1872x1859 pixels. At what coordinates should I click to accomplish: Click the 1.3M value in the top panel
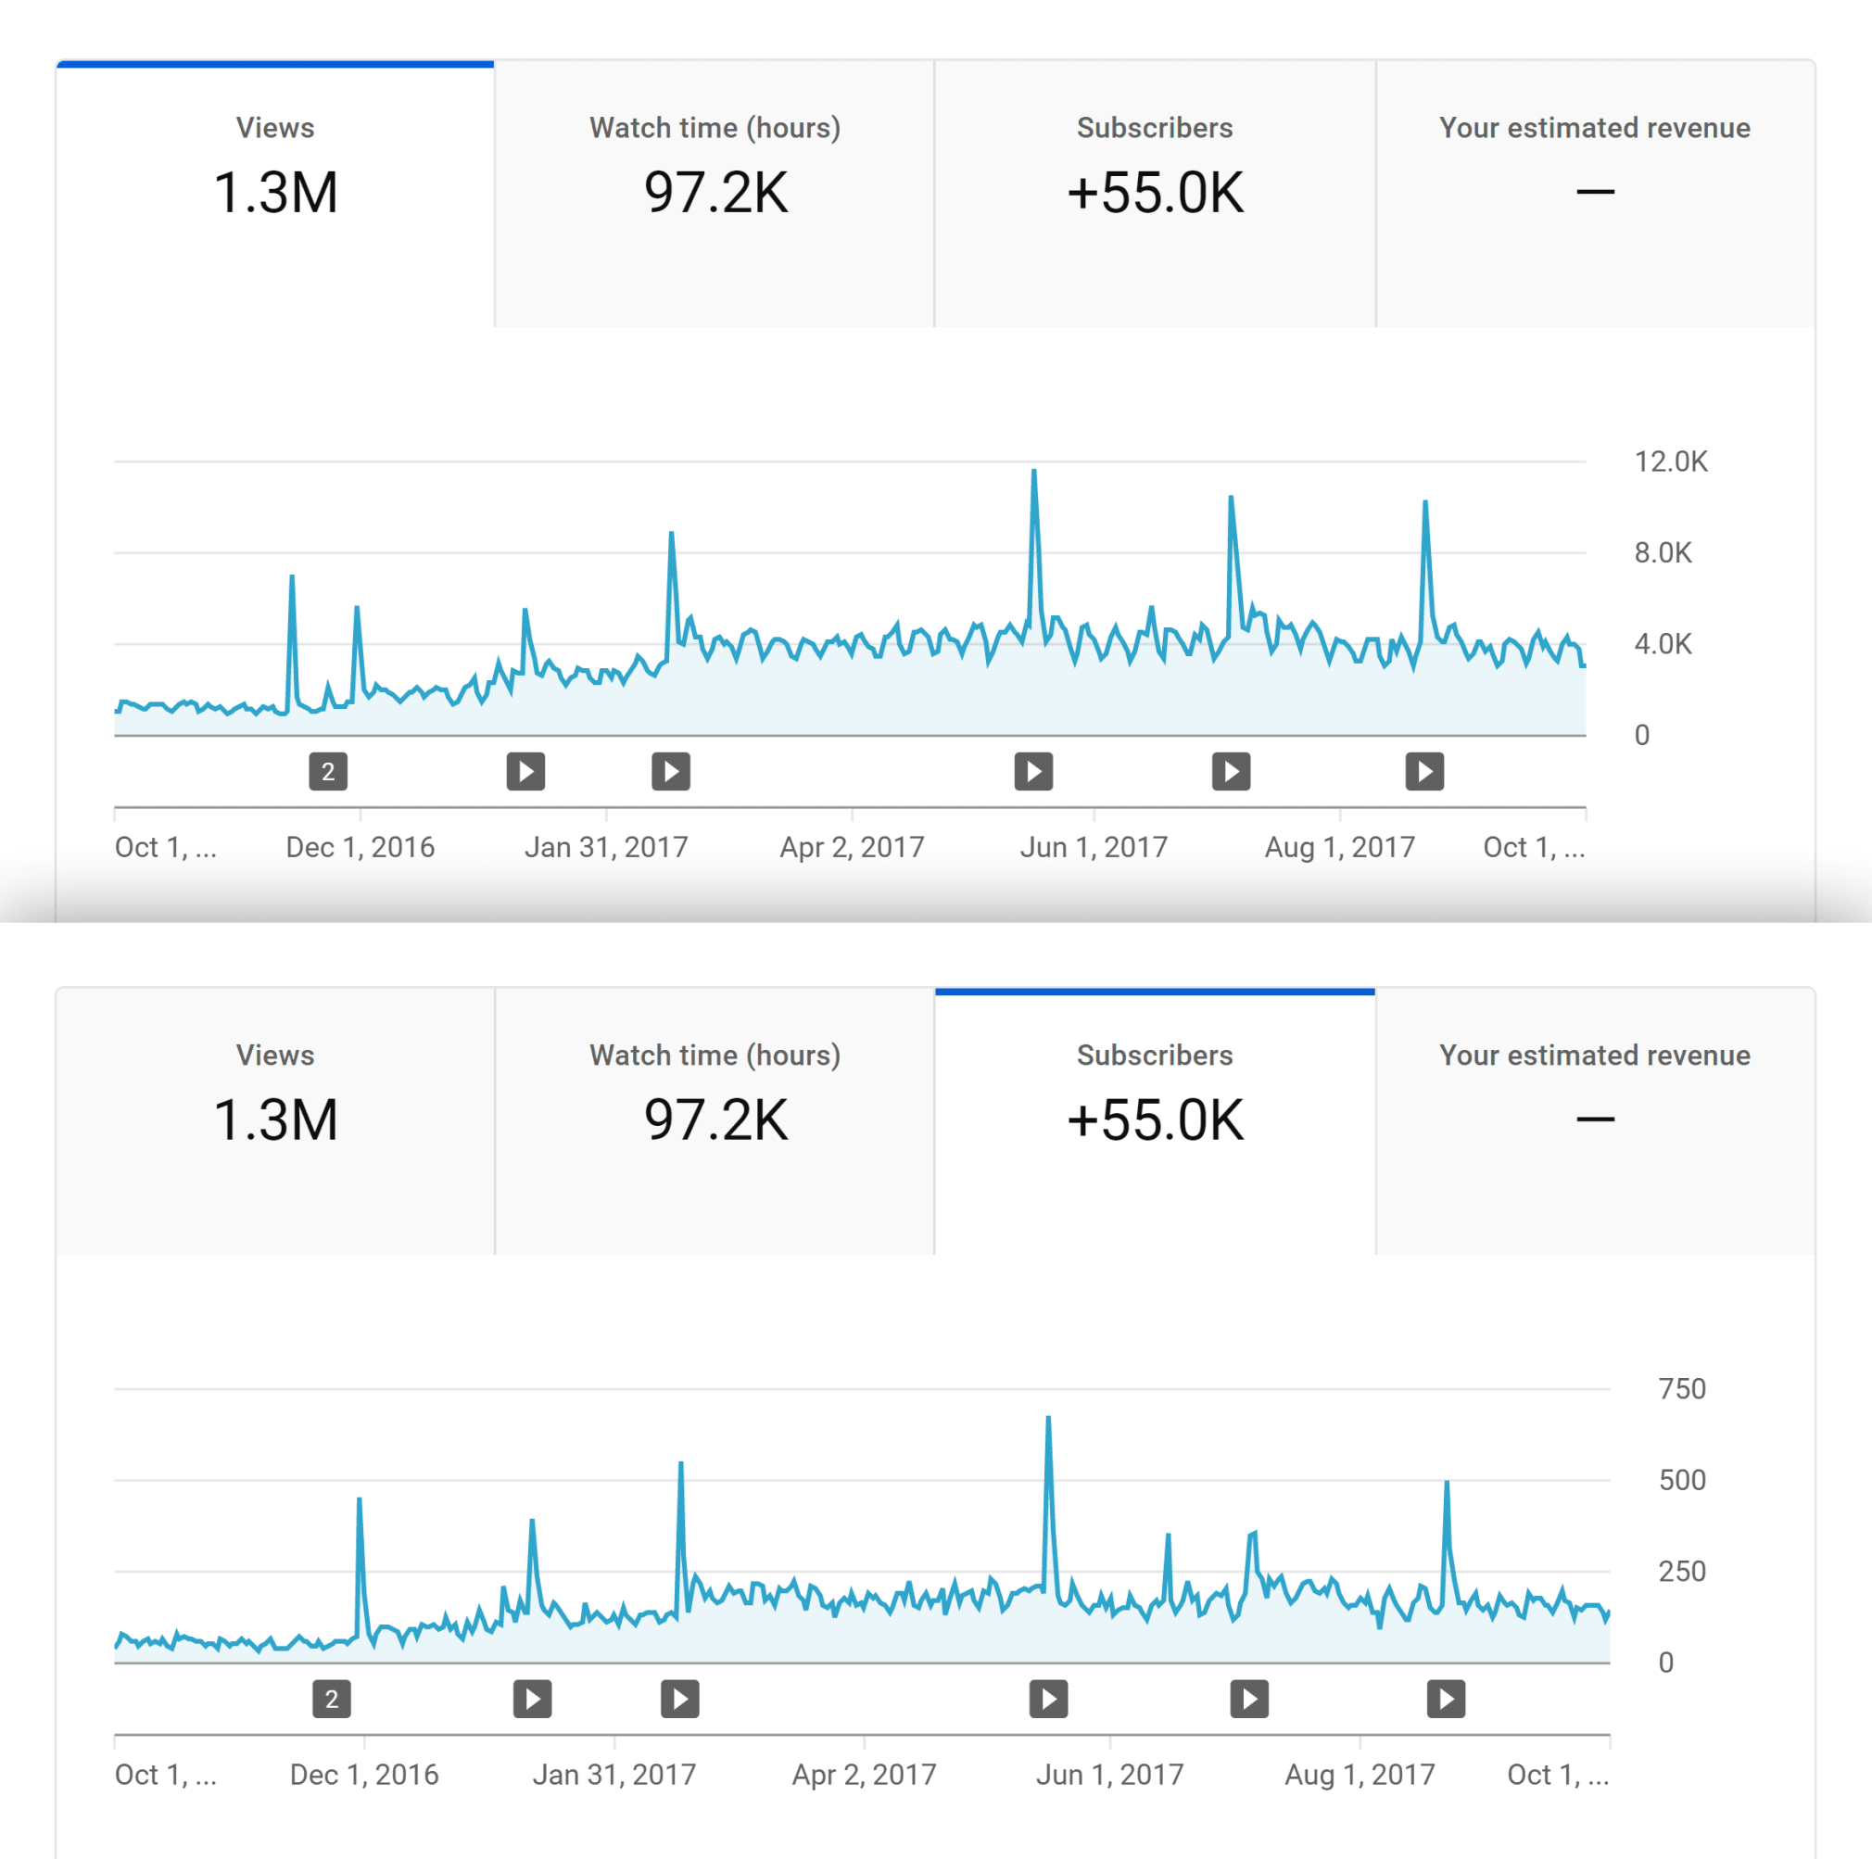[x=275, y=192]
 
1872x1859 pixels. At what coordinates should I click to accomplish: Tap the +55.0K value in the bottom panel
[x=1155, y=1119]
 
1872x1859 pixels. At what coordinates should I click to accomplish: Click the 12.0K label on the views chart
[x=1671, y=462]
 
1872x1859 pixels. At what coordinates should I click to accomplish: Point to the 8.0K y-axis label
[x=1663, y=552]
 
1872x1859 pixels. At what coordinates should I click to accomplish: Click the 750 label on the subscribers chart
[x=1682, y=1388]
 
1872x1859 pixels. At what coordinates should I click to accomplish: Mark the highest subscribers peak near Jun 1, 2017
[x=1048, y=1420]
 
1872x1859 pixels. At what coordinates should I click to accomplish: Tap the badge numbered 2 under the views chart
[x=328, y=771]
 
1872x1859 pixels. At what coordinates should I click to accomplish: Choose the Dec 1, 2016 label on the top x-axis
[x=360, y=847]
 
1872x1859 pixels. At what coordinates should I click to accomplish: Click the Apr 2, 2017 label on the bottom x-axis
[x=865, y=1774]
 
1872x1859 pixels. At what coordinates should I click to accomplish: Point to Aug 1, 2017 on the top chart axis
[x=1340, y=847]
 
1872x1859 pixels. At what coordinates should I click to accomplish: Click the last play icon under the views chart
[x=1424, y=771]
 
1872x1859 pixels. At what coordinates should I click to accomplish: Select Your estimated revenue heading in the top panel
[x=1595, y=128]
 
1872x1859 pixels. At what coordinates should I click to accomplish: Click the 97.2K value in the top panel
[x=715, y=192]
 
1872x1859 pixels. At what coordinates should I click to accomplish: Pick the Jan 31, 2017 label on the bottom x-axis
[x=614, y=1774]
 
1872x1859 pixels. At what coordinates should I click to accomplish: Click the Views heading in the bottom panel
[x=275, y=1055]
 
